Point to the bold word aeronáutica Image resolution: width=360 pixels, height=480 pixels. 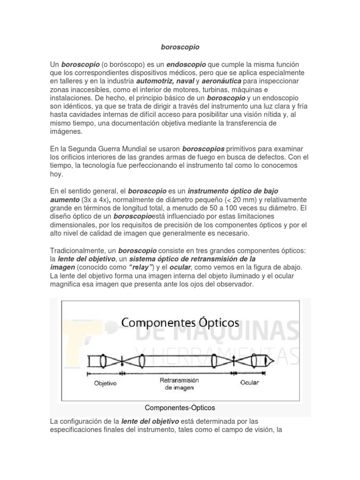click(222, 81)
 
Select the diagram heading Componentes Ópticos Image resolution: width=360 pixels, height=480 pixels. click(180, 323)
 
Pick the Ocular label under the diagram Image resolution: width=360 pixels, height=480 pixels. click(249, 382)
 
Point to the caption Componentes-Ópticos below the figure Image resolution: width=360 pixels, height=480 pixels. click(180, 407)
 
